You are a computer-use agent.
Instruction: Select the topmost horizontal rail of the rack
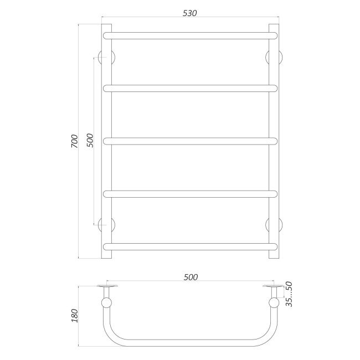(190, 35)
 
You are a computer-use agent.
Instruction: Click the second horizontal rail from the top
(190, 88)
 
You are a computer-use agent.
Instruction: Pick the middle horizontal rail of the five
(190, 141)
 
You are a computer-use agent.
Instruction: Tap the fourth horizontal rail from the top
(190, 193)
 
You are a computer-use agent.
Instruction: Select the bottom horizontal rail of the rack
(190, 245)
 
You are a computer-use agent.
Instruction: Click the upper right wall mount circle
(274, 57)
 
